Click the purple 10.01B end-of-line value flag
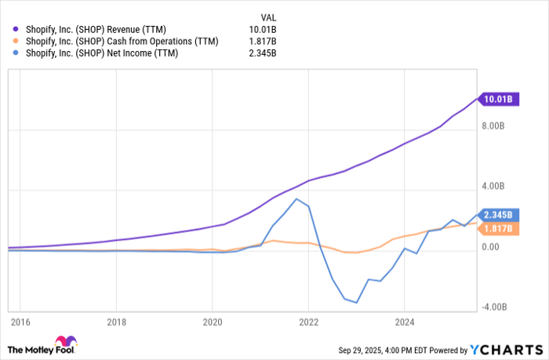(x=498, y=100)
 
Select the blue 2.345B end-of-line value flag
(x=498, y=215)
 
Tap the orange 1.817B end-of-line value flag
(x=498, y=229)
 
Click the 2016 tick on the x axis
(x=20, y=322)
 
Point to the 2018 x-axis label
(x=116, y=322)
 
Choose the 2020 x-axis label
(x=213, y=322)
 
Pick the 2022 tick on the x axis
(x=308, y=322)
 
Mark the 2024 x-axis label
(x=404, y=322)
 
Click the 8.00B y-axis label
(x=493, y=126)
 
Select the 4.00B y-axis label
(x=493, y=187)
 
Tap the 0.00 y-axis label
(x=491, y=247)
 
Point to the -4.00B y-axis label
(x=493, y=307)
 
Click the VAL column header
(x=269, y=16)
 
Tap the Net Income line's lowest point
(x=357, y=303)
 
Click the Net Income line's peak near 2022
(x=296, y=199)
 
